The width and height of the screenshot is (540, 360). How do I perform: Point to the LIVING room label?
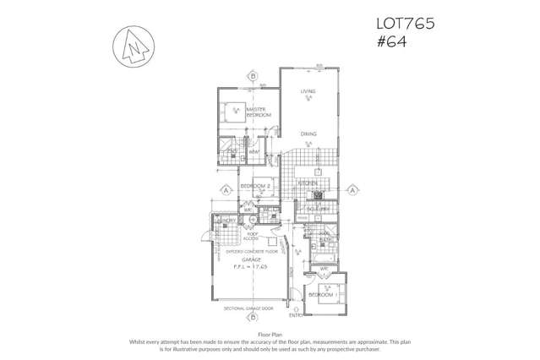point(311,92)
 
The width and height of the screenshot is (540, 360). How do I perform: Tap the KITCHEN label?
point(308,183)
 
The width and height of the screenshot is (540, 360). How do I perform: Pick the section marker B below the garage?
point(252,319)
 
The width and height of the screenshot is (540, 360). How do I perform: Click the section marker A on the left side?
point(226,190)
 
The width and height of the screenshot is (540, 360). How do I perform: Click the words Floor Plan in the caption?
point(270,335)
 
